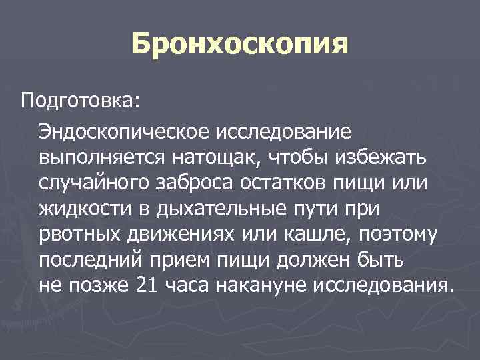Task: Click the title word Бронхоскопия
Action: point(240,44)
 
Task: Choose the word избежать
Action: point(382,159)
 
